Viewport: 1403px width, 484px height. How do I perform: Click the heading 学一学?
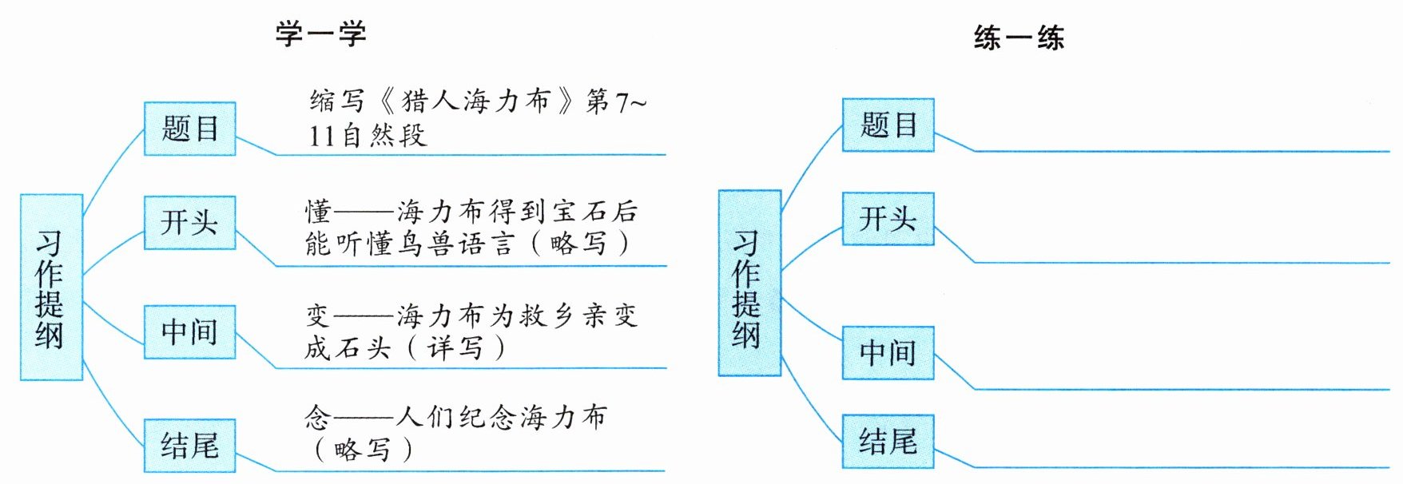[x=321, y=34]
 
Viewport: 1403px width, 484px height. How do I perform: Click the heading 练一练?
[x=1019, y=38]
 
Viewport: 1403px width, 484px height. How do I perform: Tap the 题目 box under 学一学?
[x=189, y=129]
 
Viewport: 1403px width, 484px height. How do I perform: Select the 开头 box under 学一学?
[x=189, y=223]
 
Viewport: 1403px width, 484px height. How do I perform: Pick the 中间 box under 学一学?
[x=189, y=331]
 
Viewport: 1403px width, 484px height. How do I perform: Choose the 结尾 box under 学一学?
[x=189, y=445]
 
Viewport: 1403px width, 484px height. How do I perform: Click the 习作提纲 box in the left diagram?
[x=50, y=288]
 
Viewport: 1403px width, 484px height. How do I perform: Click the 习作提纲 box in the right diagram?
[x=749, y=284]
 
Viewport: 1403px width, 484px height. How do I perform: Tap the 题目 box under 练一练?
[x=888, y=125]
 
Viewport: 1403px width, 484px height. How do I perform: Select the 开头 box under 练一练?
[x=888, y=219]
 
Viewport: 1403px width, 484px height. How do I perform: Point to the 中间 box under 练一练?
[x=888, y=352]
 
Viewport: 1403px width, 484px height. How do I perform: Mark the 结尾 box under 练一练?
[x=888, y=441]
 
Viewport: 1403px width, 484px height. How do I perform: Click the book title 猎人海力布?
[x=476, y=101]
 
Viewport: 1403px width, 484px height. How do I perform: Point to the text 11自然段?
[x=368, y=136]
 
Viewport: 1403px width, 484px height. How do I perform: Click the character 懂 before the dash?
[x=318, y=212]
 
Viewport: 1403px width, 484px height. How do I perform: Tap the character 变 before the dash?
[x=318, y=316]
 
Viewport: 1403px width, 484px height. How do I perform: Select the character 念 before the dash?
[x=317, y=417]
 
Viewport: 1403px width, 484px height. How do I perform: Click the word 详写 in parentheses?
[x=455, y=347]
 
